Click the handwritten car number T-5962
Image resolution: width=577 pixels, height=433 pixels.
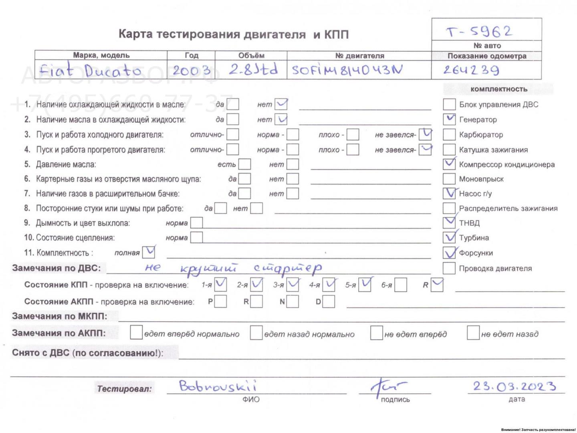click(479, 31)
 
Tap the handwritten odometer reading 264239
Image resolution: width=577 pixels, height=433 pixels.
click(471, 71)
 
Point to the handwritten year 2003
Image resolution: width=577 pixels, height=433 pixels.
click(191, 71)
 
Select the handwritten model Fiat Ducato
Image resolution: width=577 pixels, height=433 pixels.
click(90, 71)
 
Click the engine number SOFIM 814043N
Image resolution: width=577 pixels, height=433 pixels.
click(347, 71)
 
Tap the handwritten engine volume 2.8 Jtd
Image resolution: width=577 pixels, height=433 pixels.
click(253, 70)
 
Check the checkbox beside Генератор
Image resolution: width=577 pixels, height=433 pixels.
click(449, 119)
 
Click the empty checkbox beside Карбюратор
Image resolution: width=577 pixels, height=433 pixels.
click(449, 134)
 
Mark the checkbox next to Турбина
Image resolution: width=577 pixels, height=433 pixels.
click(449, 237)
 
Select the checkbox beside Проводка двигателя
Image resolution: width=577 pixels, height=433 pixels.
click(449, 268)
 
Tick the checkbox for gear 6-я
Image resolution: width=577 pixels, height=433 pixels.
click(401, 285)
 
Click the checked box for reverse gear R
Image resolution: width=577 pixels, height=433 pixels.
click(437, 285)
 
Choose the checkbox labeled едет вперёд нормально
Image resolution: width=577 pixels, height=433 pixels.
click(136, 333)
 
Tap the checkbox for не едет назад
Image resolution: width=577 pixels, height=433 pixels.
click(473, 333)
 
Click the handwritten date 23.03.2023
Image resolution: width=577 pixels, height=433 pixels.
click(514, 386)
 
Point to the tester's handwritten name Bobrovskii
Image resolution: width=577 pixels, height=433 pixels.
click(218, 386)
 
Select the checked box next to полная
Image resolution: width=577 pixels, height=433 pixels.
click(149, 252)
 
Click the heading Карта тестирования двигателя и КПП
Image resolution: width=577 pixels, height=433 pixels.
click(233, 34)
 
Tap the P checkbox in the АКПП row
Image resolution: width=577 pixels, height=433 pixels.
click(220, 301)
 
